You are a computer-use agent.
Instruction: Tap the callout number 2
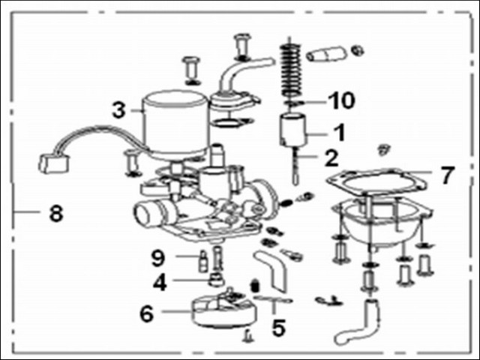tap(331, 158)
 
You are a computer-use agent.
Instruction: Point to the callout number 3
tap(118, 110)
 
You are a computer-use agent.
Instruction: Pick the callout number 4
tap(160, 282)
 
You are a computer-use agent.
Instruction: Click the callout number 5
tap(278, 327)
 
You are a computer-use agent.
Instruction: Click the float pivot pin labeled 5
tap(273, 299)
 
